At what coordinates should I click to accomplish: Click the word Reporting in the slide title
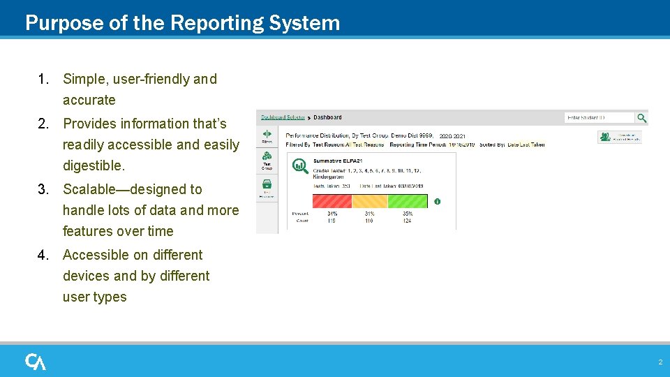tap(212, 23)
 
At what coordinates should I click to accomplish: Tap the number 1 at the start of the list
tap(43, 80)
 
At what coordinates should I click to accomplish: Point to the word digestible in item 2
tap(93, 166)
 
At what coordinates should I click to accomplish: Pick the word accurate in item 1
tap(89, 101)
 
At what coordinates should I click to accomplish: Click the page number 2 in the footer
tap(660, 362)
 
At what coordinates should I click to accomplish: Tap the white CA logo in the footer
tap(36, 362)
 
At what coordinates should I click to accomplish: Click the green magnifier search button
tap(641, 118)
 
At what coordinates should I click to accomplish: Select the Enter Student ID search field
tap(598, 118)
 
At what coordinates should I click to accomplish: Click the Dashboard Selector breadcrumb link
tap(283, 117)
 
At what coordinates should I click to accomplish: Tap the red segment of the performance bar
tap(332, 201)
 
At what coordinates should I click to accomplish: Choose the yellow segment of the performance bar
tap(369, 201)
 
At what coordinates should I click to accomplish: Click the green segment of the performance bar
tap(407, 201)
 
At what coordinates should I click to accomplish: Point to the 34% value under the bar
tap(332, 214)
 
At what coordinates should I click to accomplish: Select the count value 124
tap(407, 221)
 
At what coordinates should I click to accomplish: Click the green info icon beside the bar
tap(437, 202)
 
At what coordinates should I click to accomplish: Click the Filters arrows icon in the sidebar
tap(267, 134)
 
